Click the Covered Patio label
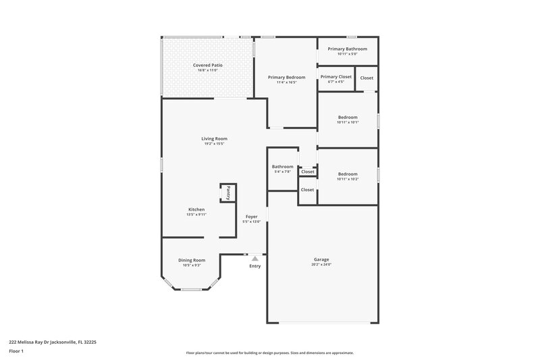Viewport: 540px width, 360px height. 207,65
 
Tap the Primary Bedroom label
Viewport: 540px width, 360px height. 286,78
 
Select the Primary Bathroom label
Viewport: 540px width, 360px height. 347,49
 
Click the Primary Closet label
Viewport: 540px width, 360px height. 335,77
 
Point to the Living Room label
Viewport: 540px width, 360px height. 213,138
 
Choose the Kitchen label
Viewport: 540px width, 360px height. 196,209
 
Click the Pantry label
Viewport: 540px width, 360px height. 228,192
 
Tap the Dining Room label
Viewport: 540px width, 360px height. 191,260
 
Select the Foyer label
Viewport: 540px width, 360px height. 251,217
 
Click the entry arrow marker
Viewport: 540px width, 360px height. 254,258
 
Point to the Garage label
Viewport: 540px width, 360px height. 321,259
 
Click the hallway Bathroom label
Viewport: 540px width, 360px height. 282,167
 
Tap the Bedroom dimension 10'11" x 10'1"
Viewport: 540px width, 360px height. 348,122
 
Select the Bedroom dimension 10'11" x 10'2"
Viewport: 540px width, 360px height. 348,179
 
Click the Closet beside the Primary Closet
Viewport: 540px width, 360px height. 366,78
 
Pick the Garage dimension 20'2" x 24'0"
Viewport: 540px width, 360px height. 321,265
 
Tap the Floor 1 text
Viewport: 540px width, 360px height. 16,352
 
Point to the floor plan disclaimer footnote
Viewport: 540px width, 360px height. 269,353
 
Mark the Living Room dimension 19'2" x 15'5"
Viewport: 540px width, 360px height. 213,144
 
